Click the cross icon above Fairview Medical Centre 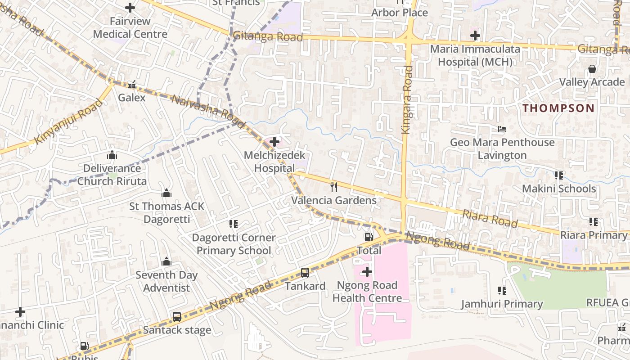(x=130, y=8)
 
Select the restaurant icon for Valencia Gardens (x=334, y=187)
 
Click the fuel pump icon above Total (x=369, y=237)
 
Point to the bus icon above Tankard (x=305, y=273)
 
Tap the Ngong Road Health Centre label (x=367, y=292)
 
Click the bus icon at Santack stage (x=177, y=317)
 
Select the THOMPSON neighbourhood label (x=558, y=108)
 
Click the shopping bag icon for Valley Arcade (x=592, y=69)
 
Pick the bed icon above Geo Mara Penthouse (x=502, y=129)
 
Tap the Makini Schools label (x=559, y=189)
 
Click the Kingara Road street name (x=407, y=99)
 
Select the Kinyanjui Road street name (x=68, y=121)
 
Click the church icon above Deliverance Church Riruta (x=112, y=155)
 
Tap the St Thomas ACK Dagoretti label (x=166, y=213)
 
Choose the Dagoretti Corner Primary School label (x=234, y=244)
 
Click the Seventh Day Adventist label (x=166, y=281)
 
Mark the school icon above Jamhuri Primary (x=502, y=291)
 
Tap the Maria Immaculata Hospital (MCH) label (x=475, y=55)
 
